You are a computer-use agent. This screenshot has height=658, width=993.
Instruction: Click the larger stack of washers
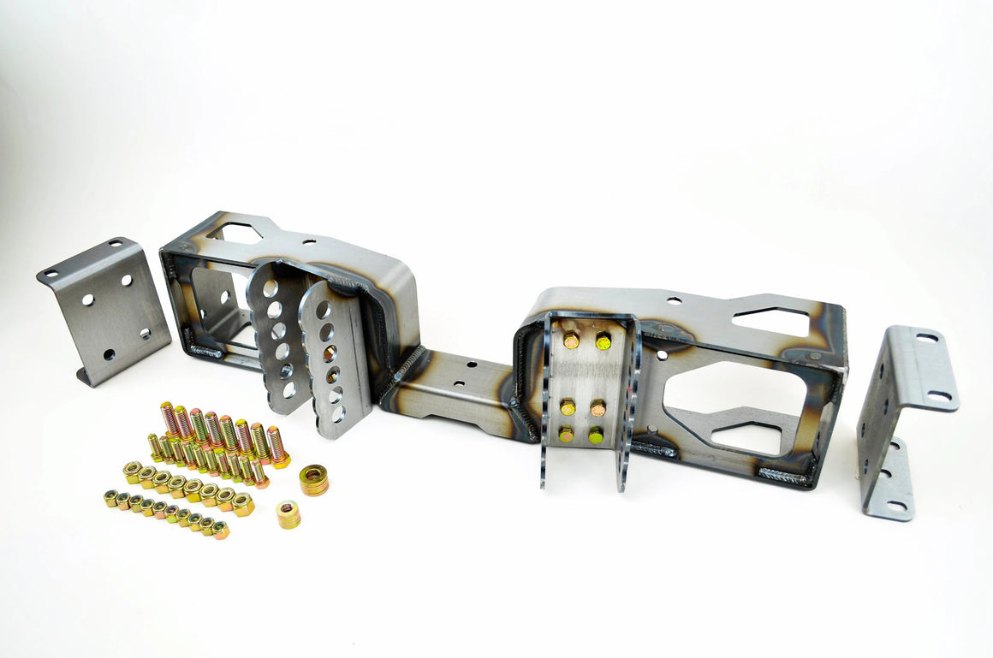tap(313, 480)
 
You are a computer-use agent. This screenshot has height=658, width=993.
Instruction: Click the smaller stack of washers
tap(288, 514)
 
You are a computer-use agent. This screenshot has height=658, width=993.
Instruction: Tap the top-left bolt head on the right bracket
tap(570, 341)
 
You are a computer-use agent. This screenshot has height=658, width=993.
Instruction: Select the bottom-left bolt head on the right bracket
tap(567, 434)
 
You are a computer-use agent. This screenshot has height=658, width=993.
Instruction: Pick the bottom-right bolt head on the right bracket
tap(595, 436)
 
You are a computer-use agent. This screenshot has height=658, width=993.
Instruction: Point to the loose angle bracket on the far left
tap(104, 311)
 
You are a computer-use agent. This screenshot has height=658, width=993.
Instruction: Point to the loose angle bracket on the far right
tap(904, 419)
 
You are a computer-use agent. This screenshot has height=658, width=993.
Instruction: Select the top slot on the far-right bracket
tap(926, 338)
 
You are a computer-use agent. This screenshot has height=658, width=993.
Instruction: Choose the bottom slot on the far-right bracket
tap(896, 506)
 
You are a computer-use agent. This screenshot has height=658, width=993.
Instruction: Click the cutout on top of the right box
tap(770, 322)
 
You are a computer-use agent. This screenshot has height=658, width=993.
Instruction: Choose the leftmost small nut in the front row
tap(111, 498)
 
